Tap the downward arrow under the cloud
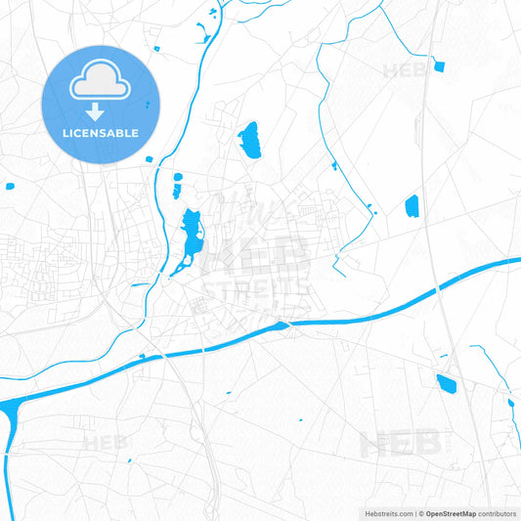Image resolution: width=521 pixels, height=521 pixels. pos(101,113)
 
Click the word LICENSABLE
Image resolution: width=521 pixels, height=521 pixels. pos(101,133)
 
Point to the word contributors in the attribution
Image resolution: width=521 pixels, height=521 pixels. pos(498,513)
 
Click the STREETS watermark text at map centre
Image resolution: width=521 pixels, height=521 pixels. pos(256,288)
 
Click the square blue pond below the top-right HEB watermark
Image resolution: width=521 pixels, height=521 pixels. pos(439,66)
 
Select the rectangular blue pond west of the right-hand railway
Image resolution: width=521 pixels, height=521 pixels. pos(412,205)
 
